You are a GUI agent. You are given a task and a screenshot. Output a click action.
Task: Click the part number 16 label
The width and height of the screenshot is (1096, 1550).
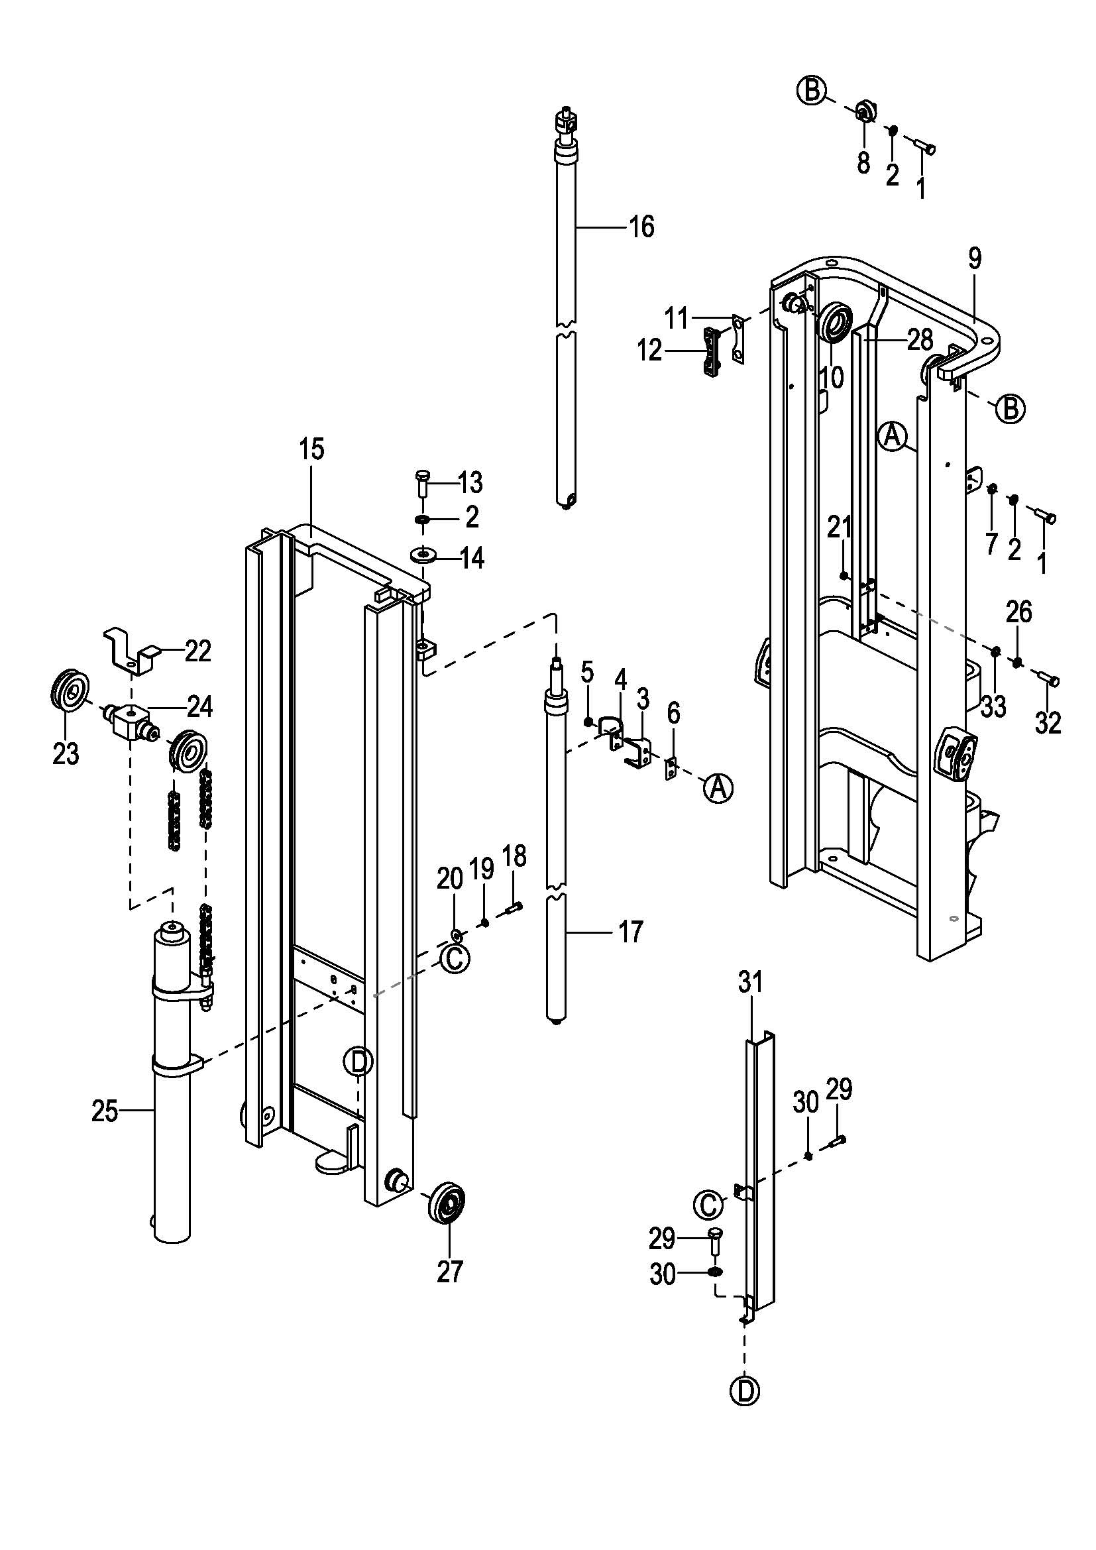pyautogui.click(x=642, y=227)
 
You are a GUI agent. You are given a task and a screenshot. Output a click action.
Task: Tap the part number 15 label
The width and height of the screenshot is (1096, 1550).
pyautogui.click(x=312, y=449)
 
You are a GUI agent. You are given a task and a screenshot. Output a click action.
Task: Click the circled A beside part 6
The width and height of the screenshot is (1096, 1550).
pyautogui.click(x=718, y=787)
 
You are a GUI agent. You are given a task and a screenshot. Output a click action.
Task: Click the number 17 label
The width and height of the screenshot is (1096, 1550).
pyautogui.click(x=631, y=932)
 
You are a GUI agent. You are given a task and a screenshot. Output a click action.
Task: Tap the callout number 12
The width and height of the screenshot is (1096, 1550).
pyautogui.click(x=650, y=351)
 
